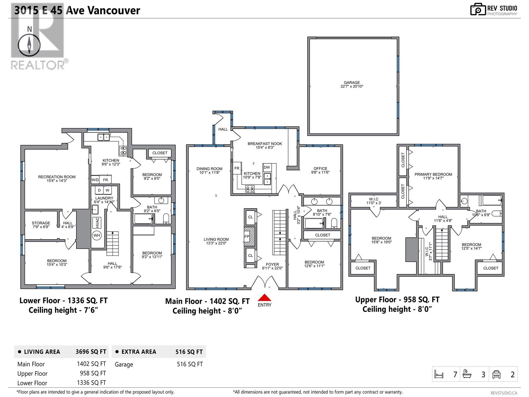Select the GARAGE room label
(352, 82)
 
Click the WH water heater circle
(97, 235)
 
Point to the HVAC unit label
(97, 223)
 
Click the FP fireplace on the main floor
(249, 237)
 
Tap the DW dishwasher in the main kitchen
(266, 167)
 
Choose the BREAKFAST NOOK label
(264, 144)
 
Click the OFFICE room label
(320, 168)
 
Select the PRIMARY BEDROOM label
(433, 174)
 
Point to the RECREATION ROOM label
(57, 177)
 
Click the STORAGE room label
(41, 223)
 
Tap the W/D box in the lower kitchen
(95, 180)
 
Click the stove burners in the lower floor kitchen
(123, 151)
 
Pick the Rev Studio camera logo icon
(478, 9)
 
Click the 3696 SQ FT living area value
(91, 352)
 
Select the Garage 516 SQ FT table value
(190, 364)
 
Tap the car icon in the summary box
(496, 375)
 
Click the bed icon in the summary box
(439, 374)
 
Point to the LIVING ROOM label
(216, 239)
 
